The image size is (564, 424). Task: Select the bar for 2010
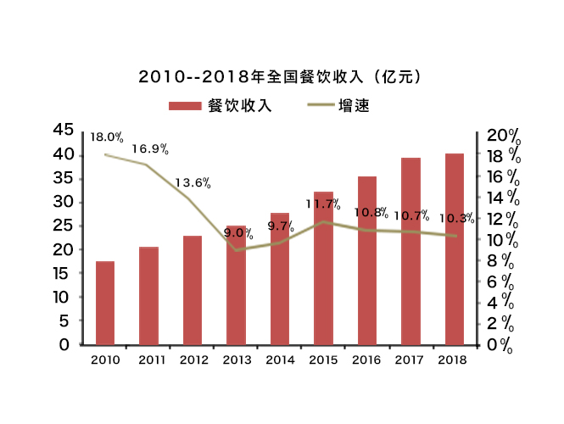pyautogui.click(x=105, y=303)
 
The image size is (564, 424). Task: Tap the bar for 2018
pyautogui.click(x=455, y=249)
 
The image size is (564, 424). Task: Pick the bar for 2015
pyautogui.click(x=323, y=269)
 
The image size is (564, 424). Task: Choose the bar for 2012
pyautogui.click(x=193, y=290)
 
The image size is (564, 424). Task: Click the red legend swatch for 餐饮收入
pyautogui.click(x=184, y=106)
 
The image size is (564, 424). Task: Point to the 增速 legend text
pyautogui.click(x=354, y=106)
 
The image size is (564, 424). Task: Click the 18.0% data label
pyautogui.click(x=107, y=137)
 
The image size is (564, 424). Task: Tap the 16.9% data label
pyautogui.click(x=150, y=149)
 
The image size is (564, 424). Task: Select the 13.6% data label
pyautogui.click(x=193, y=182)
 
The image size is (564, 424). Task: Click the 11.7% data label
pyautogui.click(x=323, y=204)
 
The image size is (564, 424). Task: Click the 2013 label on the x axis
pyautogui.click(x=237, y=360)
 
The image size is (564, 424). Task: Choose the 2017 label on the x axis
pyautogui.click(x=411, y=360)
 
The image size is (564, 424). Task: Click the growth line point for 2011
pyautogui.click(x=147, y=165)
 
